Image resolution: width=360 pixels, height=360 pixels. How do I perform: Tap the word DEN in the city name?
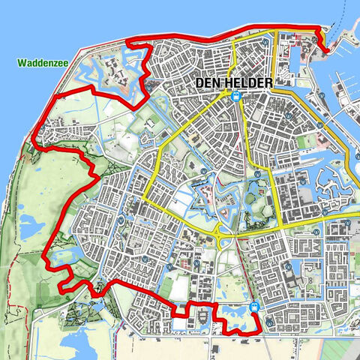[209, 83]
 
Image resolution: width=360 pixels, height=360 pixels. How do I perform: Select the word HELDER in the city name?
[245, 83]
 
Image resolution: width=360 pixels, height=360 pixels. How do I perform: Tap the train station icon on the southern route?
[255, 307]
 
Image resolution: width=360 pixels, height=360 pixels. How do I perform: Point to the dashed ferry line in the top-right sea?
[347, 22]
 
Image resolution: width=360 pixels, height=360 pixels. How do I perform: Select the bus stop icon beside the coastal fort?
[152, 87]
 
